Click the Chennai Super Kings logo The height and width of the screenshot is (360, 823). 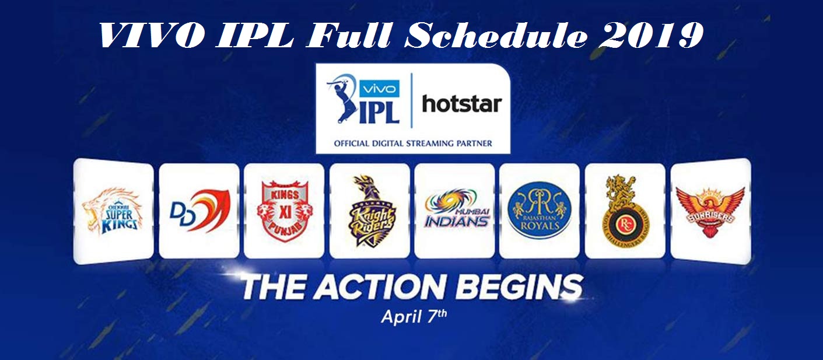[111, 211]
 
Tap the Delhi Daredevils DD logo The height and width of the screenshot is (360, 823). [199, 210]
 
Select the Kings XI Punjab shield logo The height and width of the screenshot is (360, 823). [283, 210]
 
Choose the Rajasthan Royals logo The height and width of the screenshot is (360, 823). [539, 210]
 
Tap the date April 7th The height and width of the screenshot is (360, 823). [414, 317]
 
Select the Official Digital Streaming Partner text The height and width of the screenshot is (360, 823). [412, 143]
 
